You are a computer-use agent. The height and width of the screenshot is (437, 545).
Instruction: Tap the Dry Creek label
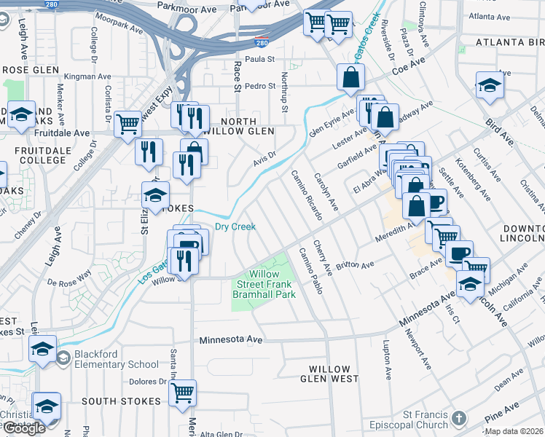coord(235,227)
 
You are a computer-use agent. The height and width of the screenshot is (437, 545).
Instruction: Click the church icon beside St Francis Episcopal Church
coord(458,418)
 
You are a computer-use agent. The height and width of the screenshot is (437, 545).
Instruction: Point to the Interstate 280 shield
coord(270,43)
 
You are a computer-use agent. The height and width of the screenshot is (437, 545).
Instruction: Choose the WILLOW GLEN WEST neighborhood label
coord(329,374)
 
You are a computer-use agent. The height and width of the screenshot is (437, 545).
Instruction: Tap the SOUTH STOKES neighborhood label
coord(121,401)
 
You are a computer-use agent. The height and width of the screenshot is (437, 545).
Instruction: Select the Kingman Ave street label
coord(87,76)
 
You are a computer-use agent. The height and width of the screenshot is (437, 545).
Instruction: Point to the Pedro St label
coord(259,86)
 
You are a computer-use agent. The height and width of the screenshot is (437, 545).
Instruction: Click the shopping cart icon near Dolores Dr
coord(182,393)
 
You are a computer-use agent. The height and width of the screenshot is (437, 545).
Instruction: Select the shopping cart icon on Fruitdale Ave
coord(128,123)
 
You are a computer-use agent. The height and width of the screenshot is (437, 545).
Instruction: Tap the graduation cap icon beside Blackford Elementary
coord(42,349)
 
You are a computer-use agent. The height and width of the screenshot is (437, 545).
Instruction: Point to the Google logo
coord(25,428)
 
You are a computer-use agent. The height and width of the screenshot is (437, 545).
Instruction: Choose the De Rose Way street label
coord(69,277)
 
